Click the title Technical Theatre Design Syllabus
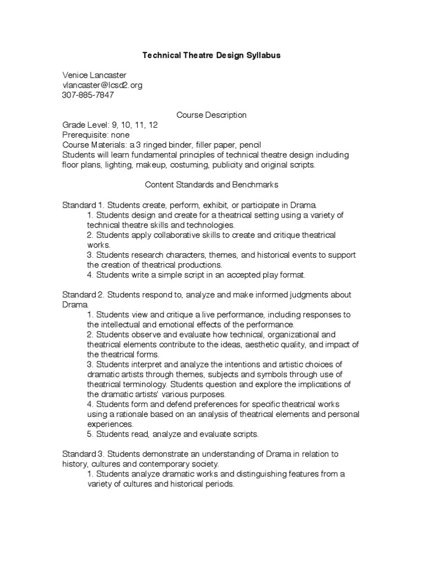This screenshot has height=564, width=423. tap(211, 56)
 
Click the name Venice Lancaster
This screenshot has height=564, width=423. tap(96, 75)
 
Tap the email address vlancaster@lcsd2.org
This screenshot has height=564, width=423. tap(102, 85)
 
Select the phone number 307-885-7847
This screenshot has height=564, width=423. tap(88, 95)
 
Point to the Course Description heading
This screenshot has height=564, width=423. tap(211, 115)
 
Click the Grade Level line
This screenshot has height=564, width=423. tap(102, 125)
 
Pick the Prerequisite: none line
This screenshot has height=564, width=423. tap(96, 135)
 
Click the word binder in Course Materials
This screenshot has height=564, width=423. tap(180, 145)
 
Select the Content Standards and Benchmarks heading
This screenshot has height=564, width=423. tap(211, 185)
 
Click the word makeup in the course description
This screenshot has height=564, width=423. tap(151, 165)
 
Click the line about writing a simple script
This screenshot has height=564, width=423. tap(196, 274)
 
